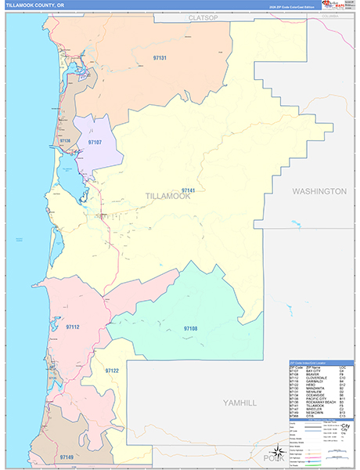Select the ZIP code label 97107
click(x=95, y=143)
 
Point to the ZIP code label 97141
click(x=188, y=190)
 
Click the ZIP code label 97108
click(x=190, y=328)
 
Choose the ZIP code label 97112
click(x=73, y=327)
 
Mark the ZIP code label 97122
click(x=111, y=371)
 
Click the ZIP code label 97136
click(x=64, y=141)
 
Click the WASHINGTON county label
click(x=319, y=191)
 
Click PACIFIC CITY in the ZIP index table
click(x=314, y=399)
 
